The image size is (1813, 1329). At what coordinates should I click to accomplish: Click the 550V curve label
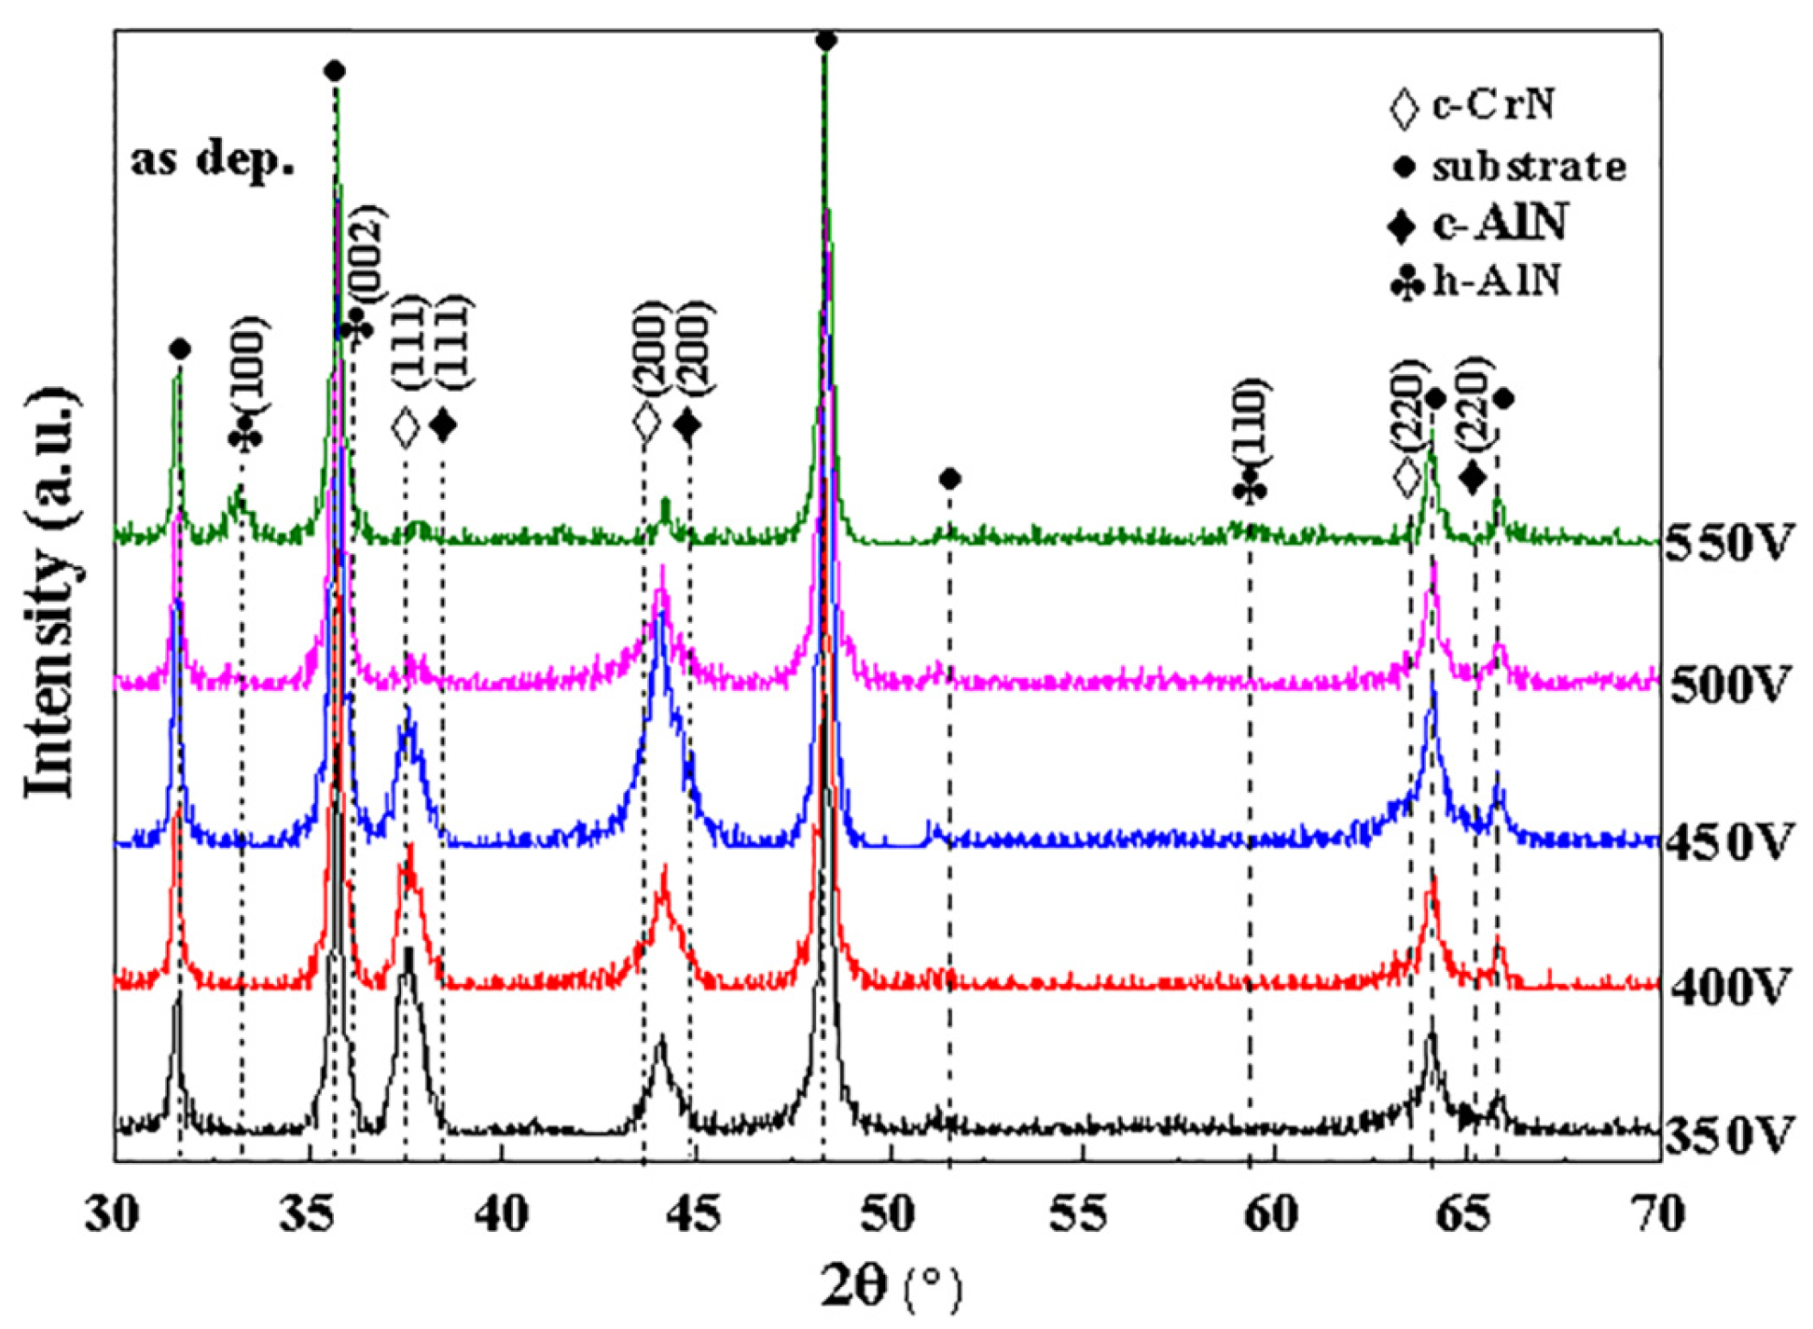coord(1728,544)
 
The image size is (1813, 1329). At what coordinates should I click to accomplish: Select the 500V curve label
coord(1728,686)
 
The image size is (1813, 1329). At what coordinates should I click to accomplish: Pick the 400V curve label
coord(1728,987)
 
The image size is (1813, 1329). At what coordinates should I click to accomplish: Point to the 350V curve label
coord(1728,1136)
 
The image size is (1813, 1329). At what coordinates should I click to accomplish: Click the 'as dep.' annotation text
coord(213,160)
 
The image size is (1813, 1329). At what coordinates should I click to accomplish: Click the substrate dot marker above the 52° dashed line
coord(949,479)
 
